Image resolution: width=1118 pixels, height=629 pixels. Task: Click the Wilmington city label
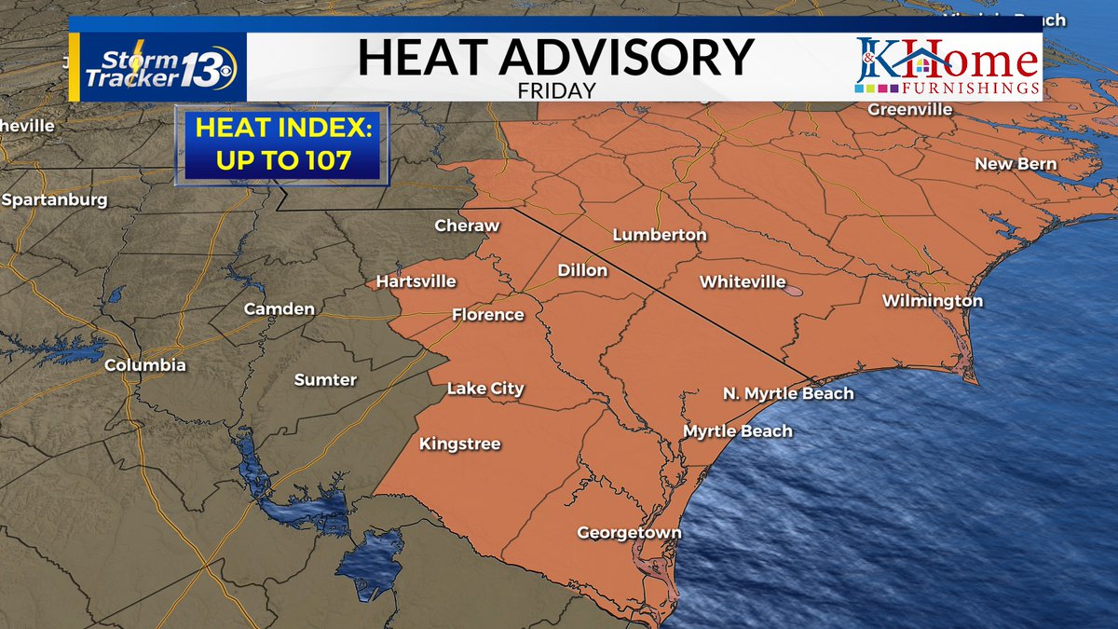coord(933,301)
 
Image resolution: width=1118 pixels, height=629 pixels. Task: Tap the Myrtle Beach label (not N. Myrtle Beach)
coord(737,431)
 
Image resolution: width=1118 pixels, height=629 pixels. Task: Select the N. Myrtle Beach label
coord(788,393)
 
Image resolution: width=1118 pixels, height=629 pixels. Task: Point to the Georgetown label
coord(629,533)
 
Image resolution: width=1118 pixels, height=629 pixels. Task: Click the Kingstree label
coord(459,444)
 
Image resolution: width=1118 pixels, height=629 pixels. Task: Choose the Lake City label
coord(485,389)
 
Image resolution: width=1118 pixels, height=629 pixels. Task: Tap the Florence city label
coord(488,314)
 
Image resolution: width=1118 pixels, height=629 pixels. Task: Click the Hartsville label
coord(416,280)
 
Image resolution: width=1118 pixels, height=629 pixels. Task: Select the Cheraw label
coord(467,226)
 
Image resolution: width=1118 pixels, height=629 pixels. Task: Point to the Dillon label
coord(582,270)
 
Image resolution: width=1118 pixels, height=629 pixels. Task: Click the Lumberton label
coord(659,235)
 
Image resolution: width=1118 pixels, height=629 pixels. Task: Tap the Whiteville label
coord(743,281)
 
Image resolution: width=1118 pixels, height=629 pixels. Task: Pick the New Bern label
coord(1016,164)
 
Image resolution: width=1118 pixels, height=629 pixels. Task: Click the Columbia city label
coord(144,365)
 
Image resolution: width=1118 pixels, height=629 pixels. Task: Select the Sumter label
coord(325,379)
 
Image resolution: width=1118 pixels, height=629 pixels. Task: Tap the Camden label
coord(279,308)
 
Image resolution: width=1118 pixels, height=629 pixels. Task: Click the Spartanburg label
coord(54,199)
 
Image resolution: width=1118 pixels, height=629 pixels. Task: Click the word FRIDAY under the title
coord(555,91)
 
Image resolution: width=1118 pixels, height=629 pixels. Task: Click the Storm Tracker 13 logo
coord(157,67)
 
